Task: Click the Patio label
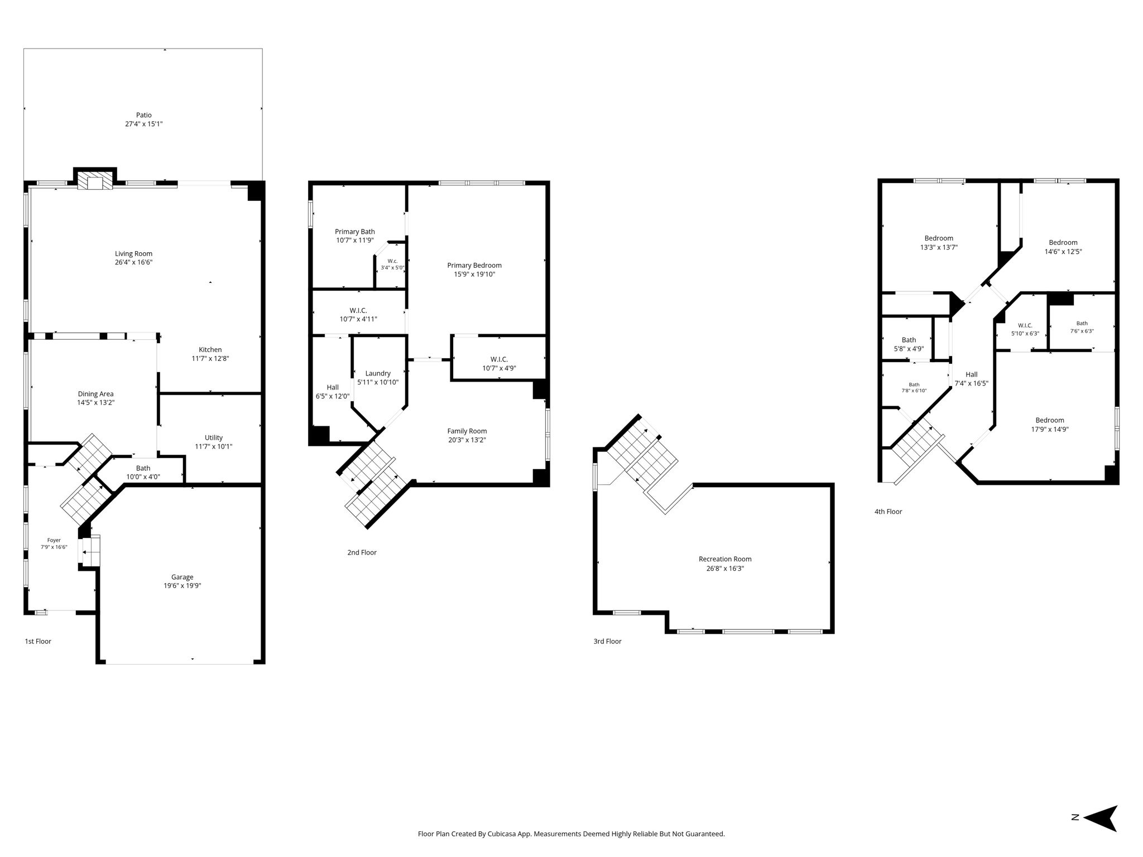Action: pos(143,115)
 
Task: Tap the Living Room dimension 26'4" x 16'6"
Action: pos(133,262)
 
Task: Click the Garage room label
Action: pos(182,577)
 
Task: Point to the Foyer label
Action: pos(54,540)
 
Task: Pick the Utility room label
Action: pos(213,437)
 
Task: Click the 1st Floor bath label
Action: pos(143,468)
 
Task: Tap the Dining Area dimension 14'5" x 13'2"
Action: pos(95,402)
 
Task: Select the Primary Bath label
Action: pos(354,232)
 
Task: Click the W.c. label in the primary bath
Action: pos(392,261)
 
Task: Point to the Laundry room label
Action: pos(378,373)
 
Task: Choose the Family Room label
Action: pos(467,431)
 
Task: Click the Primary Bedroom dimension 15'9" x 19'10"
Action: pos(474,274)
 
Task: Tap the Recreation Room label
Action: pos(725,559)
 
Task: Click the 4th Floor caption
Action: pos(888,512)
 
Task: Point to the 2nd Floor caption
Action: pos(362,552)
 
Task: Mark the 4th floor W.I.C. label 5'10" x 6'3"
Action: pos(1025,329)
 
